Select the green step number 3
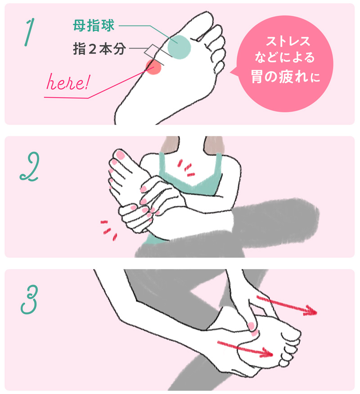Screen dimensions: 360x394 tap(30, 299)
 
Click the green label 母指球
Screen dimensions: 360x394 tap(94, 25)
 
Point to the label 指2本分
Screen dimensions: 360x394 tap(99, 49)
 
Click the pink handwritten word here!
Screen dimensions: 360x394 tap(67, 82)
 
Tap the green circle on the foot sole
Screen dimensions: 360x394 tap(179, 47)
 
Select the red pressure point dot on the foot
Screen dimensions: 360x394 tap(153, 67)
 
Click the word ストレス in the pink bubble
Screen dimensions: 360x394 tap(288, 41)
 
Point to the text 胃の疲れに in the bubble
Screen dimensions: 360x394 tap(286, 77)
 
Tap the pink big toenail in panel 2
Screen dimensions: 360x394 tap(120, 155)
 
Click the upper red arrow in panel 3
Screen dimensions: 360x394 tap(287, 305)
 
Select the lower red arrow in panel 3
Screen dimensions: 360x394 tap(245, 349)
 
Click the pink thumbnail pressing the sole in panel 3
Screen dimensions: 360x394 tap(252, 326)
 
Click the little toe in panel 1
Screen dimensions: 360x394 tap(220, 68)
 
